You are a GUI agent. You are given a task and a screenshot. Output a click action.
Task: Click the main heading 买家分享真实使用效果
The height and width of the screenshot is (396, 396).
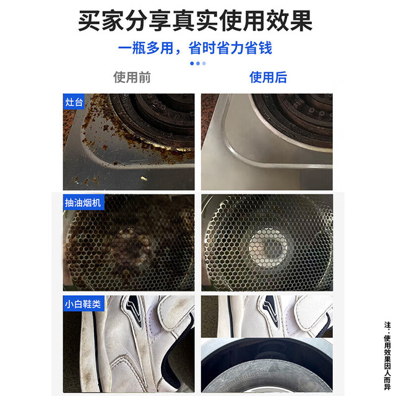(x=196, y=20)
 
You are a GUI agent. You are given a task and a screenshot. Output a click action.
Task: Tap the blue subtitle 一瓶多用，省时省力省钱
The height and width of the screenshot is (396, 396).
(x=195, y=48)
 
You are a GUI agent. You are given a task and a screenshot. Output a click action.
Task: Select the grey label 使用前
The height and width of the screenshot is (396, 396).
(x=132, y=77)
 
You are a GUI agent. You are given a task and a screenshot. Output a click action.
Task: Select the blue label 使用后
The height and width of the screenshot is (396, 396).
(x=268, y=77)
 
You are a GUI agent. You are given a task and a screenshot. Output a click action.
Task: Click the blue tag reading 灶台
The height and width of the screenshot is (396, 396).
(x=74, y=102)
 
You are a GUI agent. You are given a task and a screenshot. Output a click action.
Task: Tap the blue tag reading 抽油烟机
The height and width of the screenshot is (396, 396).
(x=83, y=202)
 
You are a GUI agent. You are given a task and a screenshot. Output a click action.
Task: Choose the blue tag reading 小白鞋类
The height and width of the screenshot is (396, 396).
(x=83, y=304)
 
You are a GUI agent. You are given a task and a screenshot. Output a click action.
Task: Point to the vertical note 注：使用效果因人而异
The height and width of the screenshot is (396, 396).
(x=387, y=356)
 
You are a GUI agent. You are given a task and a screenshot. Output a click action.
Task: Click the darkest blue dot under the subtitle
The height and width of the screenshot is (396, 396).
(x=192, y=63)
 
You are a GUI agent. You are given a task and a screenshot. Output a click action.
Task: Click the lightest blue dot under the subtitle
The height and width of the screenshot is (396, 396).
(x=204, y=63)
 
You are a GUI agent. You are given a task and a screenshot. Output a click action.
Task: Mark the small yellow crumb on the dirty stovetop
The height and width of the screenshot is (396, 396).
(x=144, y=179)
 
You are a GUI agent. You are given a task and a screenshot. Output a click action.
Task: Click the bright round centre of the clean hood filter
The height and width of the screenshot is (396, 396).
(x=268, y=247)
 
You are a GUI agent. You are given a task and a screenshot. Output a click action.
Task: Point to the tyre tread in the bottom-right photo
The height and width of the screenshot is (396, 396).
(x=265, y=379)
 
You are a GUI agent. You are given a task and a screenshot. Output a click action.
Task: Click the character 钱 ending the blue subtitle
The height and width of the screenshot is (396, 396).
(x=265, y=48)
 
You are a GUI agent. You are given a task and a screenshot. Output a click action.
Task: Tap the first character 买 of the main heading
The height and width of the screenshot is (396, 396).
(x=89, y=21)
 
